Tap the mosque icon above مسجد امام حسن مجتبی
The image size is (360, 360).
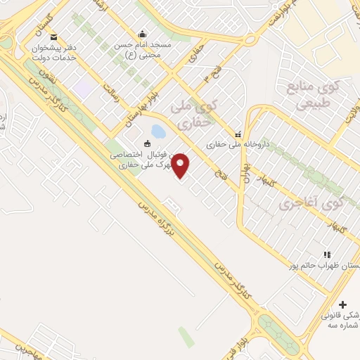click(x=143, y=34)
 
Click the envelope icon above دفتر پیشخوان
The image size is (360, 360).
click(x=54, y=38)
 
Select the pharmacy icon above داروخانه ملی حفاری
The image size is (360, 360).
click(x=238, y=134)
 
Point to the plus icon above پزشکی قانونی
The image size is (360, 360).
click(x=342, y=304)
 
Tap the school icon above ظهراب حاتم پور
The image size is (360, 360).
click(x=326, y=254)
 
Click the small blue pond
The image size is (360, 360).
click(x=158, y=131)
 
